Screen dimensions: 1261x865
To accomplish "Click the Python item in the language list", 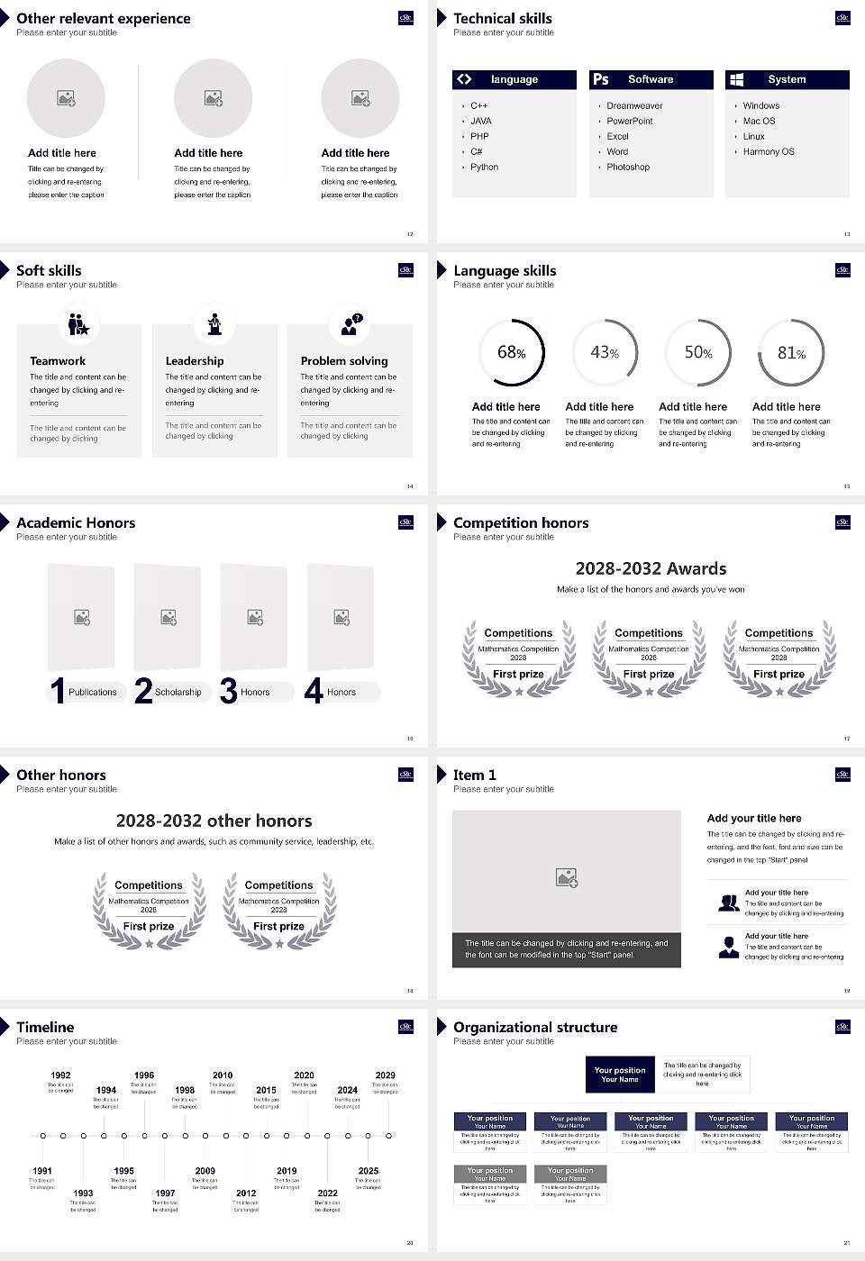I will tap(484, 167).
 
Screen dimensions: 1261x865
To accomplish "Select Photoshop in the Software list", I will tap(627, 167).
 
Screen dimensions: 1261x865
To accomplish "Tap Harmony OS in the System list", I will tap(769, 151).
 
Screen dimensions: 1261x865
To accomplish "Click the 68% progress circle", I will tap(512, 352).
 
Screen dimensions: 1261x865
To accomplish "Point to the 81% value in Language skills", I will tap(791, 353).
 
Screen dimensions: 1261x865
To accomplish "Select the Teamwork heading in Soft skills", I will tap(58, 360).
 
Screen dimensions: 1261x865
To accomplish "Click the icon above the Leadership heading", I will tap(214, 323).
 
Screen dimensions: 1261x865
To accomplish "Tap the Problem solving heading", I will tap(344, 360).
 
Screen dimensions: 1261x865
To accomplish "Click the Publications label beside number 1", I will tap(93, 692).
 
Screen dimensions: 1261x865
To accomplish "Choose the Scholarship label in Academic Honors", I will tap(178, 692).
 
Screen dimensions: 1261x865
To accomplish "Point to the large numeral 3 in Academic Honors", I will tap(229, 691).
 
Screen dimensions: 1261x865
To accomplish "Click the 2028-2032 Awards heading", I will tap(651, 568).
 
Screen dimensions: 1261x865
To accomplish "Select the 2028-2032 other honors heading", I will tap(214, 821).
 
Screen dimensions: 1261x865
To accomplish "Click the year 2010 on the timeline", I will tap(223, 1075).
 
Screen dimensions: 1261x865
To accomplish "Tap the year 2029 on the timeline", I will tap(385, 1075).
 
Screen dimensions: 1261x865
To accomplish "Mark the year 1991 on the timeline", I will tap(42, 1171).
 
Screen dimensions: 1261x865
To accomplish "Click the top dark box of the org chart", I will tap(620, 1075).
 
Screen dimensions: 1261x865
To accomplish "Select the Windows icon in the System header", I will tap(736, 79).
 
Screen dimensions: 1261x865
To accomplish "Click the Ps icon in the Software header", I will tap(601, 79).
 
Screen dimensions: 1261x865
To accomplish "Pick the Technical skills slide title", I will tap(503, 18).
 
